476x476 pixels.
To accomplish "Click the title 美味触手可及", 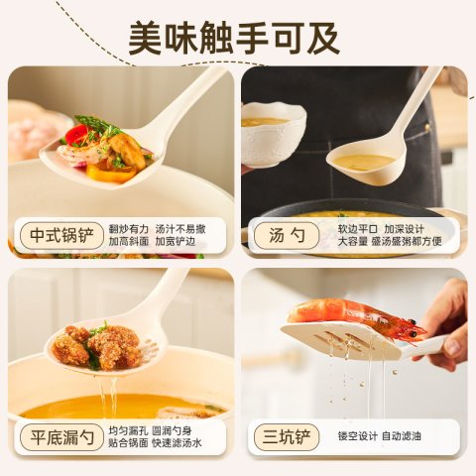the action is tap(234, 38).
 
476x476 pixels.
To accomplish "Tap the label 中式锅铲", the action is tap(61, 235).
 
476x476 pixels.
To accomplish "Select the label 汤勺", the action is tap(287, 235).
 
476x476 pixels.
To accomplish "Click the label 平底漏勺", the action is tap(61, 437).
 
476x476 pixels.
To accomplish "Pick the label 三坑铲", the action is tap(287, 437).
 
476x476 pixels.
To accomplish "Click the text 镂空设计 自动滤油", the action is tap(380, 436).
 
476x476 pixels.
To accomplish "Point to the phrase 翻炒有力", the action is tap(129, 229).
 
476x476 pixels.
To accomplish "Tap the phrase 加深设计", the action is tap(404, 229).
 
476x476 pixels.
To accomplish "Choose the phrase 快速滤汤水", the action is tap(177, 443).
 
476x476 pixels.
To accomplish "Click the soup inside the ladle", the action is tap(364, 163).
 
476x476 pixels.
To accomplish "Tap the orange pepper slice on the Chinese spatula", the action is tap(111, 173).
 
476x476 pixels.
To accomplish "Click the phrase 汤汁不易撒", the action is tap(180, 229).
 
